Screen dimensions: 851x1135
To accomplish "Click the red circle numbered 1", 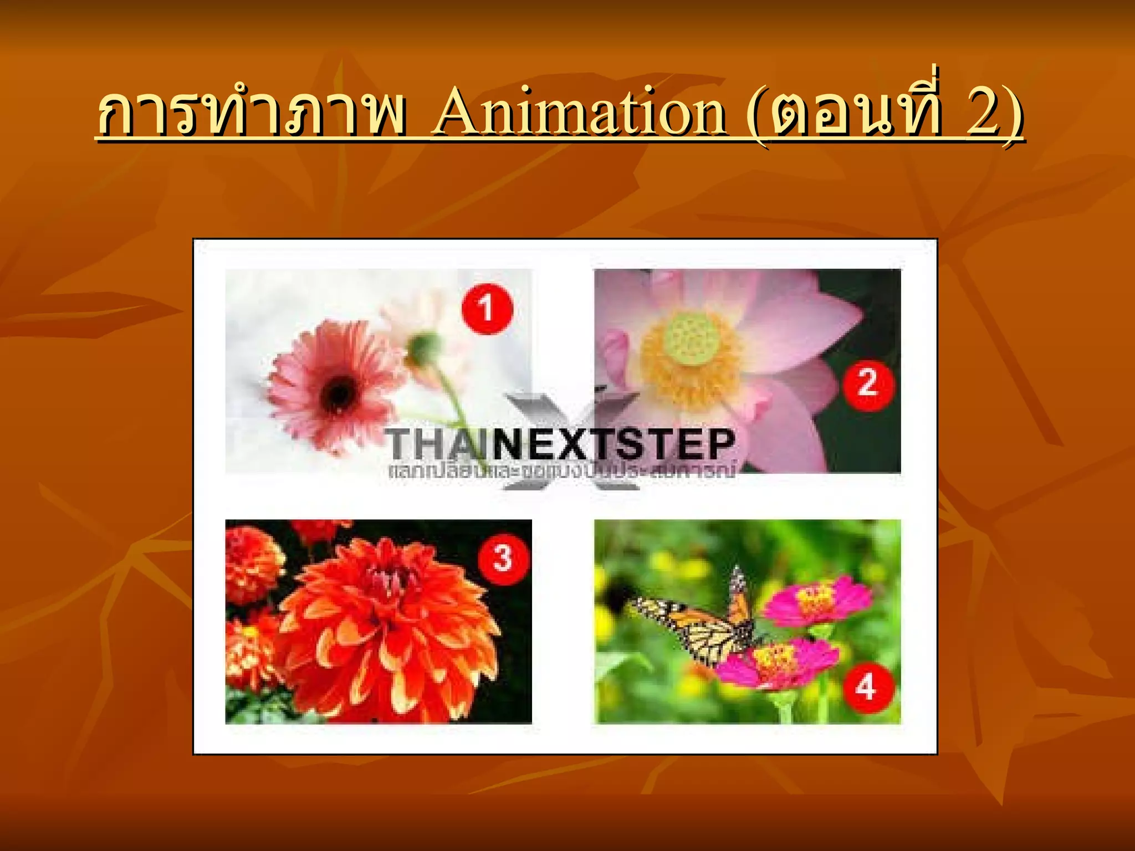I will [487, 308].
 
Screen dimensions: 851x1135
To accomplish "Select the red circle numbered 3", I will [503, 557].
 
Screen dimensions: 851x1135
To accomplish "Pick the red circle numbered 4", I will [867, 688].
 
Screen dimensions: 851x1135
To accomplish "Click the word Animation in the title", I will [580, 114].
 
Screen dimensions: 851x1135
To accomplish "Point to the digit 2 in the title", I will [980, 114].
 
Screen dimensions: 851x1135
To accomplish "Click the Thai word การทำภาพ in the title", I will [251, 114].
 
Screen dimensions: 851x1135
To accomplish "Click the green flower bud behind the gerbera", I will [425, 346].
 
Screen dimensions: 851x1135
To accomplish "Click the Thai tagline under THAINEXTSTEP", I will [560, 472].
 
